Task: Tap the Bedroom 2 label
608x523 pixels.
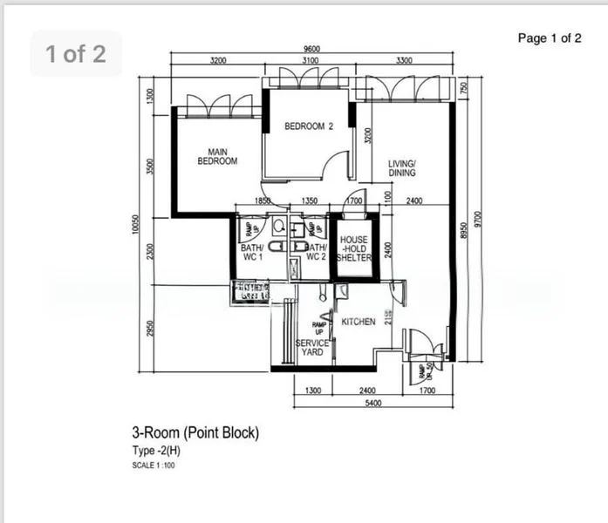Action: click(309, 126)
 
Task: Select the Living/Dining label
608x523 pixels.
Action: click(402, 168)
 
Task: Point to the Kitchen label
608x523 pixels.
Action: click(359, 322)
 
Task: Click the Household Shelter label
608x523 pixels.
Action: click(353, 248)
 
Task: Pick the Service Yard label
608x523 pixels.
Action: click(312, 347)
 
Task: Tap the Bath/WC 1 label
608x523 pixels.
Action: click(251, 252)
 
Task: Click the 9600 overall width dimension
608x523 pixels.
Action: click(311, 49)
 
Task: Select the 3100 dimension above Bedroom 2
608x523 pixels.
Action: click(310, 61)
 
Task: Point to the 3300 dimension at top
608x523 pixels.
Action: click(404, 61)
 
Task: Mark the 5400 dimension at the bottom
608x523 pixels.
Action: click(372, 404)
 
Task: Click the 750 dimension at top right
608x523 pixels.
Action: click(464, 88)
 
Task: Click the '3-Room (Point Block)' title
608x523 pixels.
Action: click(195, 431)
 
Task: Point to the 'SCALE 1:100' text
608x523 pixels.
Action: click(153, 465)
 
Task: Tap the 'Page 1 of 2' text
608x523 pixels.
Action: click(550, 37)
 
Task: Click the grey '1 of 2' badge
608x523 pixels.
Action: click(76, 54)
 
